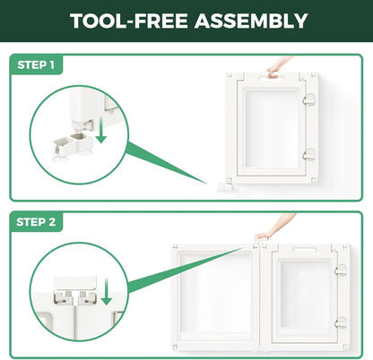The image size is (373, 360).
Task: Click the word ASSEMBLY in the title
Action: tap(251, 21)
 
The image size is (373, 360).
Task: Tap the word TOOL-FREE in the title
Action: tap(129, 21)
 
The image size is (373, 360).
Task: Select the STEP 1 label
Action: tap(36, 64)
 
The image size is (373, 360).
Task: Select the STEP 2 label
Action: tap(36, 222)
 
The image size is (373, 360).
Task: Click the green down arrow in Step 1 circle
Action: tap(101, 130)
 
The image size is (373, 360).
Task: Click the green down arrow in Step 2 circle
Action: tap(106, 292)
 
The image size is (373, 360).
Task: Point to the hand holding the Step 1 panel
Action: tap(278, 67)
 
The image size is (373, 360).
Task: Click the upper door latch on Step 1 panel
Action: tap(308, 99)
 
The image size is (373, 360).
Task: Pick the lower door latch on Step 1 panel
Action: tap(308, 155)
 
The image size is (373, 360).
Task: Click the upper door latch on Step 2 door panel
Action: tap(341, 270)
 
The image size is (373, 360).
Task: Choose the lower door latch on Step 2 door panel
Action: tap(341, 322)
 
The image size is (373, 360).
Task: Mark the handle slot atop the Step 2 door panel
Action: tap(304, 250)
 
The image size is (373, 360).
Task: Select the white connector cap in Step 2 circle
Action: tap(75, 283)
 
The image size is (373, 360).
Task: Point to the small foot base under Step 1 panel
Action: tap(225, 187)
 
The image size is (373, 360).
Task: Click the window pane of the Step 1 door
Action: tap(272, 129)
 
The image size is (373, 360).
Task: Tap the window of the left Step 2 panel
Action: tap(216, 293)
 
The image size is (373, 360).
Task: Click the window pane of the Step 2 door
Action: tap(305, 294)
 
